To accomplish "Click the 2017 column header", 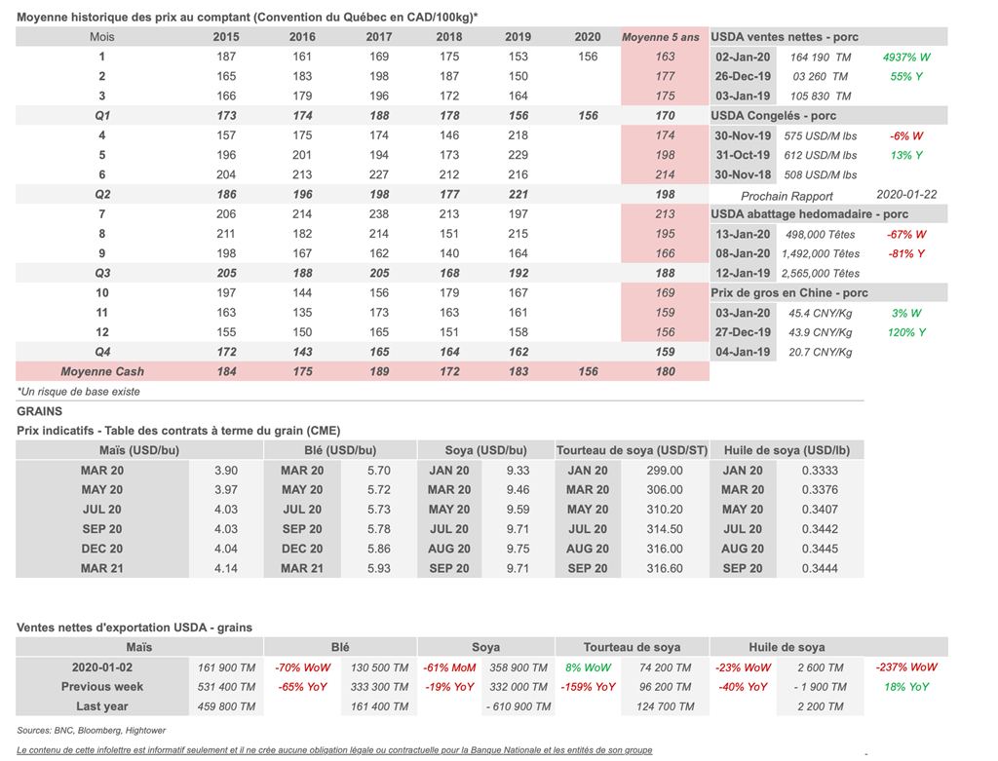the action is click(x=379, y=37).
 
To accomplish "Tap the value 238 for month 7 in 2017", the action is click(x=379, y=213).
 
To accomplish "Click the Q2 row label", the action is click(x=101, y=194).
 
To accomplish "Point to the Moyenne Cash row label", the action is click(x=101, y=371).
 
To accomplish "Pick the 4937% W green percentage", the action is click(x=906, y=57).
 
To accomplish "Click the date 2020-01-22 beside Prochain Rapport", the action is click(x=906, y=195).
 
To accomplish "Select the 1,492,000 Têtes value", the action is click(x=821, y=254).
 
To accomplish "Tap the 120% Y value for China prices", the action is click(x=906, y=332).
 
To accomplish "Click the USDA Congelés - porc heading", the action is click(x=773, y=116).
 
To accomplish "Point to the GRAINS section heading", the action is click(x=39, y=411).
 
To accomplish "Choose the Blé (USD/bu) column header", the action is click(x=340, y=450).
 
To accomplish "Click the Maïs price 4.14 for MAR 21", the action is click(x=226, y=568).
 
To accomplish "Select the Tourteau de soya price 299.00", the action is click(x=665, y=471).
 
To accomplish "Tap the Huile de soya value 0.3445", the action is click(x=820, y=549).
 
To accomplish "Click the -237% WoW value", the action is click(x=906, y=666).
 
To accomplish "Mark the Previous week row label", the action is click(x=101, y=687).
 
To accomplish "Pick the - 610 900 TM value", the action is click(x=518, y=706).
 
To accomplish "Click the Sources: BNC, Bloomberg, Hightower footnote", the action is click(x=91, y=731).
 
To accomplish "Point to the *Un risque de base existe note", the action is click(x=78, y=392).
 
